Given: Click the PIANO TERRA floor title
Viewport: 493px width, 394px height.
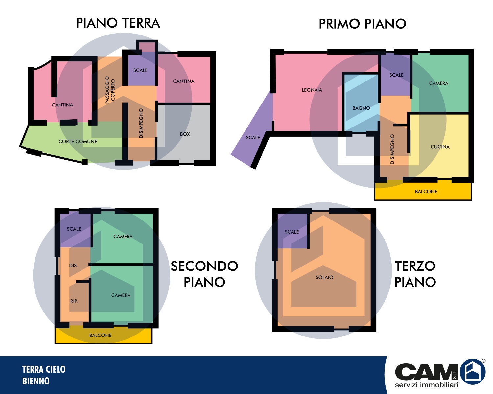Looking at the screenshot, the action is [x=118, y=23].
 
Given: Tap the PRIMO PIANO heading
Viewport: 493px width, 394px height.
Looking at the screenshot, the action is [x=363, y=24].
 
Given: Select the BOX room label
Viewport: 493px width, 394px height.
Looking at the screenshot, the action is [x=185, y=134].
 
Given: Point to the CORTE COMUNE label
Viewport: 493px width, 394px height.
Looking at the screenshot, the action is [x=78, y=142].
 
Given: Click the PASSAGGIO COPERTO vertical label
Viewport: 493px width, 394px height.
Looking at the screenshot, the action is [x=110, y=90].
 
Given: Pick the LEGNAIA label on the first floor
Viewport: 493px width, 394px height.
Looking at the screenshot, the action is [x=312, y=90].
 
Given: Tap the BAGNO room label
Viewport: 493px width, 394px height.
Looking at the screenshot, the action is [x=361, y=108].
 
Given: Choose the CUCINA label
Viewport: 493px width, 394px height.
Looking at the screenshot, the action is [x=440, y=147].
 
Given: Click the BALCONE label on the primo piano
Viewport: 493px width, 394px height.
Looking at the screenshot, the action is [x=426, y=192].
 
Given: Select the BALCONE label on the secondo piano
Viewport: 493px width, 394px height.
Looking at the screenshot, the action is [x=100, y=336].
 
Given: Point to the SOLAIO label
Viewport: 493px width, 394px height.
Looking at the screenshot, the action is [x=324, y=277].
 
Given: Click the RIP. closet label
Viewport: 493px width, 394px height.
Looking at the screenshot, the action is [x=74, y=301].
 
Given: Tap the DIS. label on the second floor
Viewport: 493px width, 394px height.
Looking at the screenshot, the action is [x=74, y=266].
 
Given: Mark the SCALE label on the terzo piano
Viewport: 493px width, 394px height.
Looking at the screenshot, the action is [x=292, y=232].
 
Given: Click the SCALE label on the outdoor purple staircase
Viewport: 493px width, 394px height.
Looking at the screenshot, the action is [x=253, y=138].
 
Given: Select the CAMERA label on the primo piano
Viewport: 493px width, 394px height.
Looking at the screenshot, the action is [x=439, y=83].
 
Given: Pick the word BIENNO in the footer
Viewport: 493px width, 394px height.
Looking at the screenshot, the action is [x=36, y=381].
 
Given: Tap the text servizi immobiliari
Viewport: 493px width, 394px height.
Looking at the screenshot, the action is [x=426, y=385].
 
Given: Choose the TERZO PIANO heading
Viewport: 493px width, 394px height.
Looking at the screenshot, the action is [x=415, y=274].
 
